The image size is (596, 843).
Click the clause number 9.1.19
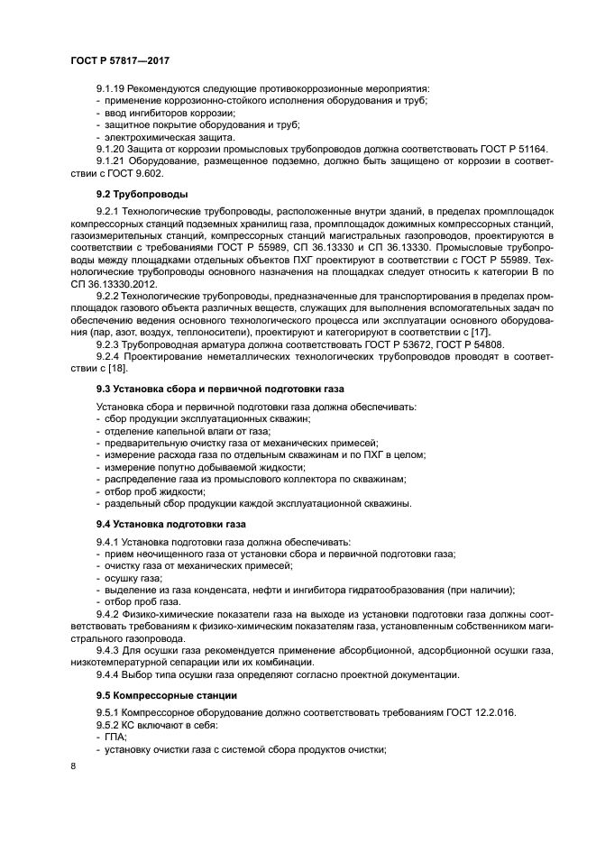(110, 87)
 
